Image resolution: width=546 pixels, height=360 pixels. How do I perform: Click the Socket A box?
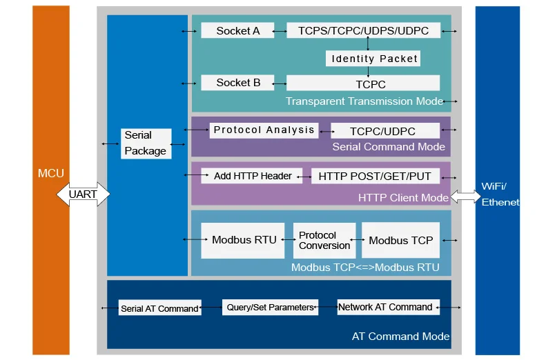(x=237, y=30)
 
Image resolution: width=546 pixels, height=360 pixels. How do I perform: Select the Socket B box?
(x=237, y=83)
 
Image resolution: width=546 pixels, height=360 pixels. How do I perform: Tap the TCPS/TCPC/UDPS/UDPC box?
(x=363, y=30)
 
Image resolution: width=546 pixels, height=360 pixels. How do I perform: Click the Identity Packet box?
(x=373, y=59)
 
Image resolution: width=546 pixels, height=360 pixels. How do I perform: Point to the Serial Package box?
(x=146, y=143)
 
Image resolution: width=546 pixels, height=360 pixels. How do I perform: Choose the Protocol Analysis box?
(x=264, y=130)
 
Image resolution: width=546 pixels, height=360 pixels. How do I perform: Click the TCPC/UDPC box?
(x=384, y=131)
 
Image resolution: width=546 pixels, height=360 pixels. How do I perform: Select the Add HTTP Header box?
(x=252, y=176)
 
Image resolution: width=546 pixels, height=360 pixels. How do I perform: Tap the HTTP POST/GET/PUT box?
(x=374, y=176)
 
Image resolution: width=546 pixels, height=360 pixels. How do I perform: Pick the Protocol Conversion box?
(x=324, y=240)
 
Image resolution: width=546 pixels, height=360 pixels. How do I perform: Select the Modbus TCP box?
(x=400, y=240)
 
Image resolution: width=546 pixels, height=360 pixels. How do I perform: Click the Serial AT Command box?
(x=159, y=308)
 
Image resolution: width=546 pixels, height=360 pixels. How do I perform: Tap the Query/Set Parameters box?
(x=271, y=308)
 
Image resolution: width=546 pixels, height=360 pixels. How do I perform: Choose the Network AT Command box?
(x=385, y=308)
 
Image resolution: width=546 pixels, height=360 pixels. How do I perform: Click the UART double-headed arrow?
(x=83, y=194)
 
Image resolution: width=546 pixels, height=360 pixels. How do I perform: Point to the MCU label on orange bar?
(x=50, y=172)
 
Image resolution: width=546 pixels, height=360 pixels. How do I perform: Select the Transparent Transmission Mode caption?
(x=364, y=101)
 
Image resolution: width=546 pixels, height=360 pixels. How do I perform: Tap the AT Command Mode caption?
(x=400, y=337)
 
